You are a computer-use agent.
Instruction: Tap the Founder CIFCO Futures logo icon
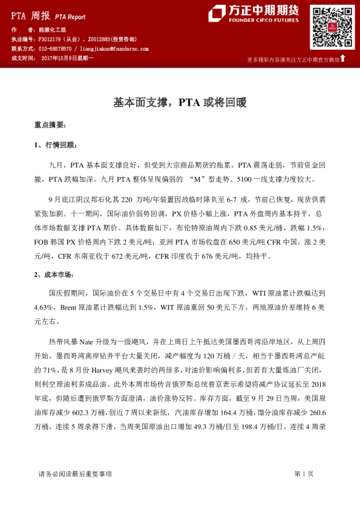click(217, 14)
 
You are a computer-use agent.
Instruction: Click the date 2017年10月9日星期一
click(67, 58)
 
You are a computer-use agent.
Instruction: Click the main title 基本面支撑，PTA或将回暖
click(180, 103)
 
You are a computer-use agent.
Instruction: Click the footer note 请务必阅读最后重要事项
click(75, 474)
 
